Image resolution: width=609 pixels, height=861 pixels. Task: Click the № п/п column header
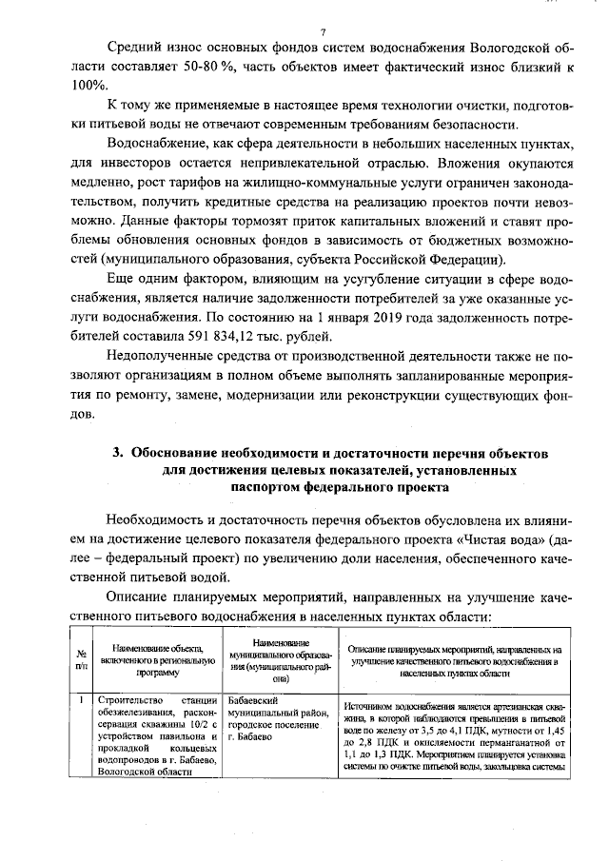pyautogui.click(x=83, y=660)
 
